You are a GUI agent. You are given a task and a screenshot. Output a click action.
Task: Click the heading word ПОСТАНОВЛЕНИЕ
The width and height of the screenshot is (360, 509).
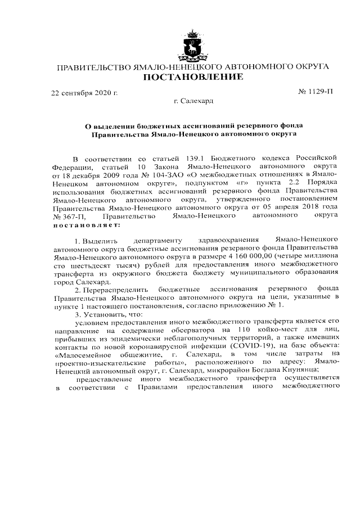(193, 76)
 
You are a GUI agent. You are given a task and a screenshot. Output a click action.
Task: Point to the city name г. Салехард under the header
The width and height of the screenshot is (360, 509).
(193, 101)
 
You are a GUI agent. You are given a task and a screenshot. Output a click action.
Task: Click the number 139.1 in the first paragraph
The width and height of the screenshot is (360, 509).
(200, 156)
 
